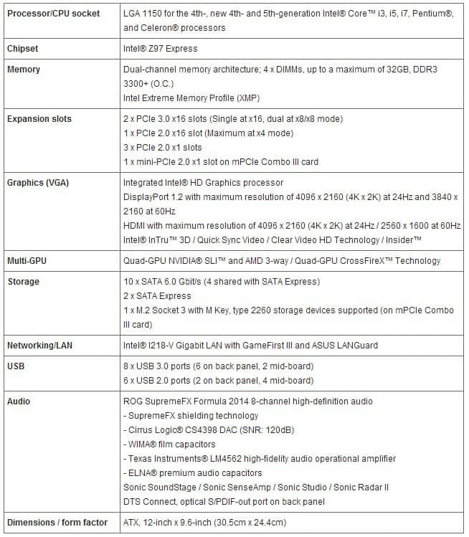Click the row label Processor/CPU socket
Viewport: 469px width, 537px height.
54,14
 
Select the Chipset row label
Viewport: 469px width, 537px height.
24,49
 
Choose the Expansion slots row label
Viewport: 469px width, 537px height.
39,119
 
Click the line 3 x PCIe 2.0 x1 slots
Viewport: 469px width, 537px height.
163,148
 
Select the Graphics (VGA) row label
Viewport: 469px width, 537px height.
37,182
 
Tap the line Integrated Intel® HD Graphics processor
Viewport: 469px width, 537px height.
203,183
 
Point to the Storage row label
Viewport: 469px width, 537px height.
23,282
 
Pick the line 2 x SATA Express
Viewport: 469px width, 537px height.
157,296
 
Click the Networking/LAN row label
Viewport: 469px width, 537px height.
40,345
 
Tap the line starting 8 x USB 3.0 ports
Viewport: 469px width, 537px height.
218,366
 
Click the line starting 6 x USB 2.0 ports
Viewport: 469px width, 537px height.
218,381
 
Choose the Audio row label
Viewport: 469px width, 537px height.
19,401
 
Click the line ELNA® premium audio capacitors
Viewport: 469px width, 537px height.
193,473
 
